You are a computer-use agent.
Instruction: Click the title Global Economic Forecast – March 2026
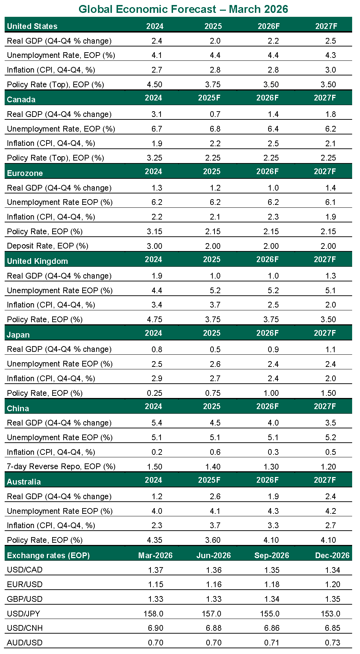(x=183, y=9)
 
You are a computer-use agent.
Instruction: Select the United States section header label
(x=32, y=26)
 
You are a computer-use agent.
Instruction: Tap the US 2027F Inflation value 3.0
(x=330, y=70)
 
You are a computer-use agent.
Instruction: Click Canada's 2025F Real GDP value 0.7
(x=215, y=114)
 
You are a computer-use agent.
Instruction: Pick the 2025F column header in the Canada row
(x=209, y=98)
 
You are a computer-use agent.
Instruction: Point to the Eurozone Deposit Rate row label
(x=48, y=246)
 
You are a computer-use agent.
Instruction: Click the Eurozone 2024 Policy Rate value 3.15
(x=154, y=231)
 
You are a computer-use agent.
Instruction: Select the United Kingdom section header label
(x=37, y=261)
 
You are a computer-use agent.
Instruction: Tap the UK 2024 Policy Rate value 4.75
(x=154, y=319)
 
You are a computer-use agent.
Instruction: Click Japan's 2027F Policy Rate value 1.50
(x=328, y=393)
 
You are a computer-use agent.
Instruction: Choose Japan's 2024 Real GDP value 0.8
(x=157, y=349)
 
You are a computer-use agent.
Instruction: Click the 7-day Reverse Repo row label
(x=61, y=467)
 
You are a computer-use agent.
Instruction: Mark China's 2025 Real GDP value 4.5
(x=215, y=423)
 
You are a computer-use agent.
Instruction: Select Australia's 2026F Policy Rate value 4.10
(x=271, y=540)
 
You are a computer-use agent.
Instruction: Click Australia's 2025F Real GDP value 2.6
(x=215, y=496)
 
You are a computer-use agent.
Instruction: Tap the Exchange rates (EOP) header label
(x=48, y=555)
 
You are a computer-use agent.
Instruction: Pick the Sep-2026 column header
(x=271, y=555)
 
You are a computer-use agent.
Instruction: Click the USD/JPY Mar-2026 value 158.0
(x=153, y=614)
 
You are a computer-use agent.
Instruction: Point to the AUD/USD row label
(x=25, y=643)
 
